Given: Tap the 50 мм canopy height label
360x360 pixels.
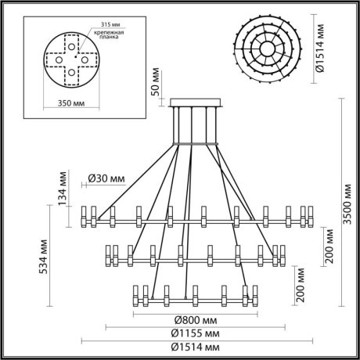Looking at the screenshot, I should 156,81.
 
